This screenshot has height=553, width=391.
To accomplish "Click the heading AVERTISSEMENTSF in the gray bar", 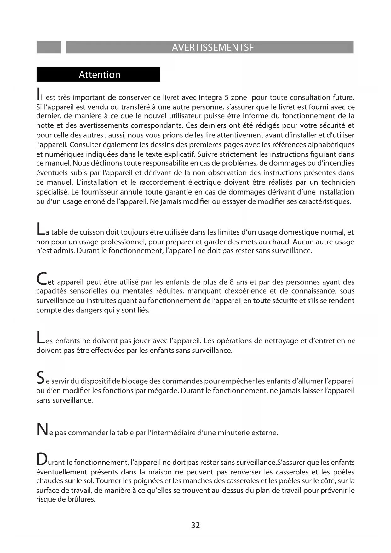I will (213, 47).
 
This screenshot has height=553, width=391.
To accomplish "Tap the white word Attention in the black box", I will (100, 75).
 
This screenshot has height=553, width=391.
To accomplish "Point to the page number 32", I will (195, 525).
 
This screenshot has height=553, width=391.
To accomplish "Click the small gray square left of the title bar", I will (49, 47).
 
